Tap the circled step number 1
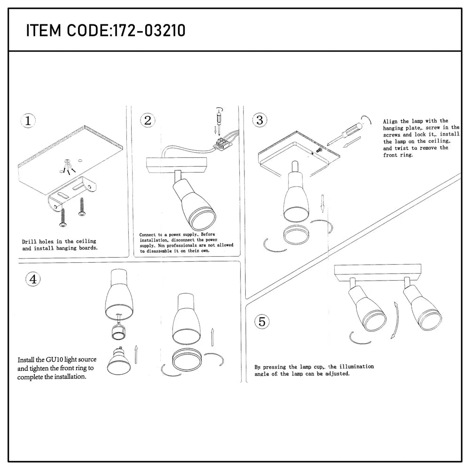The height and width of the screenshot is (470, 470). pos(29,120)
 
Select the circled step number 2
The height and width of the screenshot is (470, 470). pos(148,120)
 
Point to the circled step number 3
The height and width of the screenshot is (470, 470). pos(259,120)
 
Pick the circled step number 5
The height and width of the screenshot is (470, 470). pos(262,322)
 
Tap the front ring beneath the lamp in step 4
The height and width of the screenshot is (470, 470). pos(188,360)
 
